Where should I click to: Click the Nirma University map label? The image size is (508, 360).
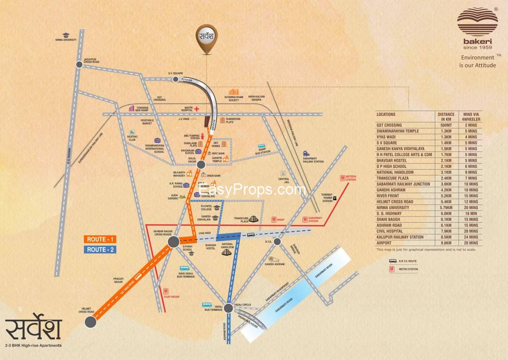[66, 40]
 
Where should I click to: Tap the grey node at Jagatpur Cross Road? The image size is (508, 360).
[79, 65]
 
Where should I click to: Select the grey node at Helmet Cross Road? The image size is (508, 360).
[90, 322]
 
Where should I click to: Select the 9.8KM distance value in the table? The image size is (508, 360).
[446, 243]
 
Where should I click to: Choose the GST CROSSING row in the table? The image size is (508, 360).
[389, 125]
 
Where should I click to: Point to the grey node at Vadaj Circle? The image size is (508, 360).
[228, 308]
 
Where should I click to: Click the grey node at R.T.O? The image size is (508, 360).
[277, 241]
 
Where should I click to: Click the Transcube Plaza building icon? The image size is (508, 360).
[254, 219]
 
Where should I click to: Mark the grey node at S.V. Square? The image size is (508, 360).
[175, 79]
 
